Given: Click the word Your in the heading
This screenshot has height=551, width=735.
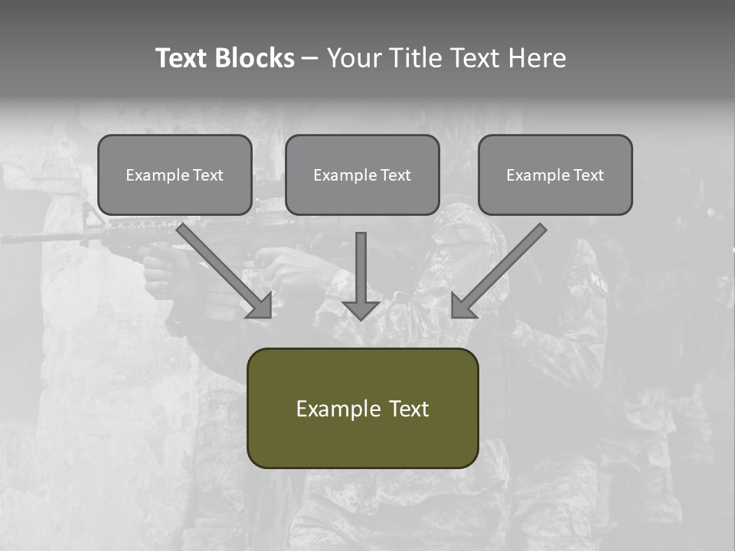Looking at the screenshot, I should [354, 58].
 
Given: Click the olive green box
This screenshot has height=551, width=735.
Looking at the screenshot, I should [362, 444].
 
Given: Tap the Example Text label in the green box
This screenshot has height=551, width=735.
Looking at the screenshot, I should [362, 409].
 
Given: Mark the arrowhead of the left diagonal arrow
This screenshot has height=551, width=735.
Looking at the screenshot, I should [261, 306].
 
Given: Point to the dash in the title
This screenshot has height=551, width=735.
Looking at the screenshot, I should [310, 58].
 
